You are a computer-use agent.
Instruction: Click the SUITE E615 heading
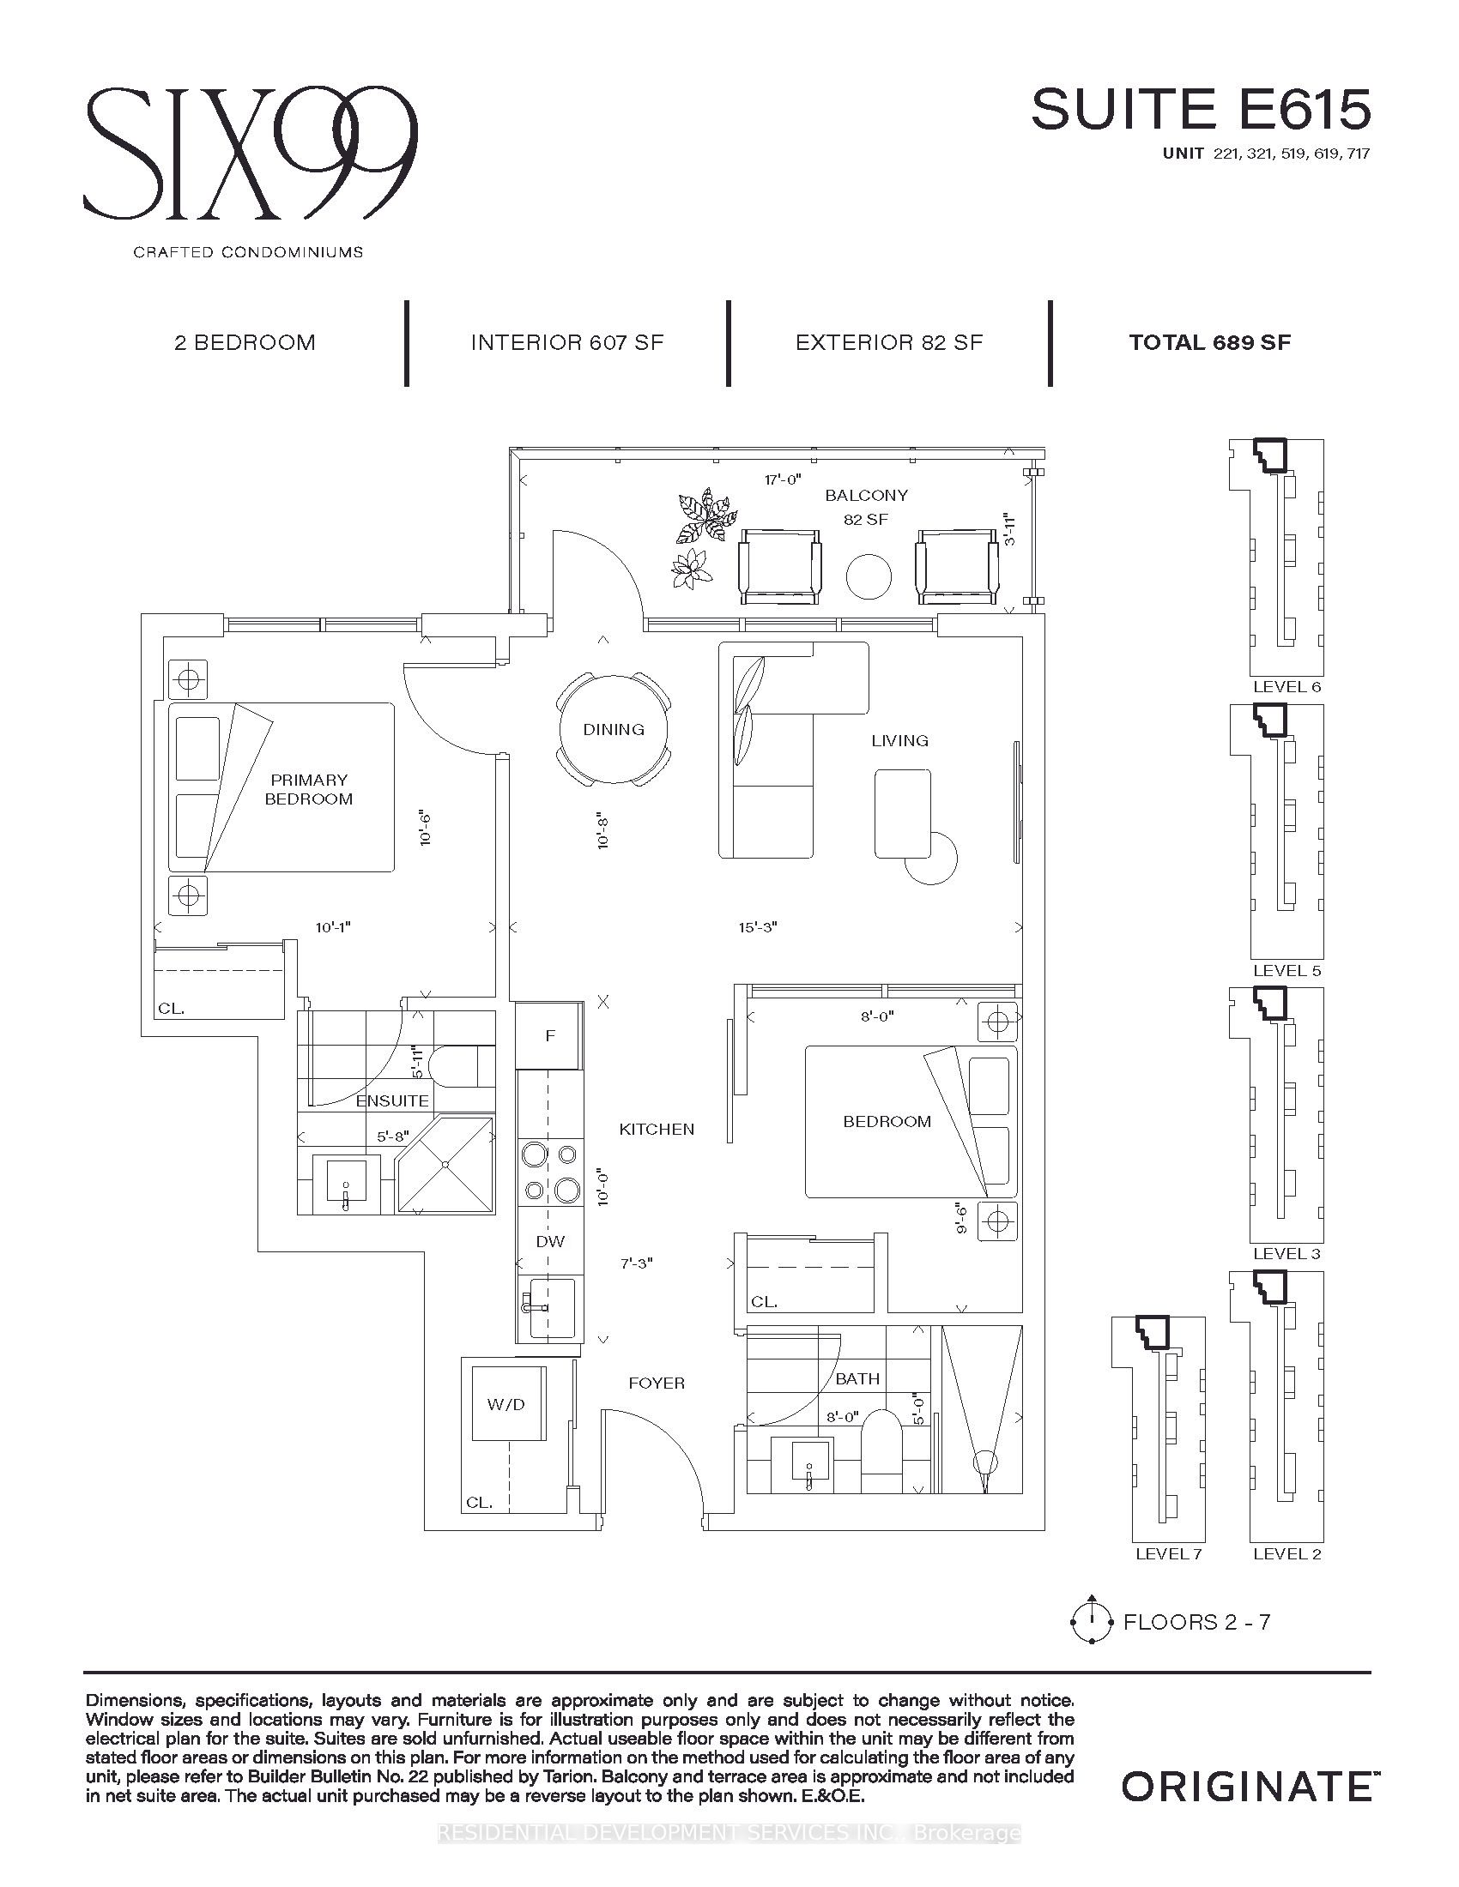point(1201,111)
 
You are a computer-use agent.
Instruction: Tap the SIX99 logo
point(251,153)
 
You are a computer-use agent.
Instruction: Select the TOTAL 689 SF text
point(1210,342)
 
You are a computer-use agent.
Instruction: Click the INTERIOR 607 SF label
point(567,342)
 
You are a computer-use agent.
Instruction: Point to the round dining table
point(614,728)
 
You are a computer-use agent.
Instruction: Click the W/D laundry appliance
point(506,1404)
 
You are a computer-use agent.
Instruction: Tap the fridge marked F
point(550,1036)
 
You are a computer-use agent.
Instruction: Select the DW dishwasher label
point(551,1242)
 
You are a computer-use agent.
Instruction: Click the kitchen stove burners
point(550,1173)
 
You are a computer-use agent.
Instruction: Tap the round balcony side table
point(869,577)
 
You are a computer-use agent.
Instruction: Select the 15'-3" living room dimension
point(758,927)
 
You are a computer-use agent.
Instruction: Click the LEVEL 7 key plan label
point(1169,1553)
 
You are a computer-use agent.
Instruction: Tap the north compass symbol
point(1091,1621)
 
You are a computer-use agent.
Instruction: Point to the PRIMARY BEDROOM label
point(309,789)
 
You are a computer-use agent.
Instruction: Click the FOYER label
point(657,1384)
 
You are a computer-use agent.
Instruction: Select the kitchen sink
point(548,1308)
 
